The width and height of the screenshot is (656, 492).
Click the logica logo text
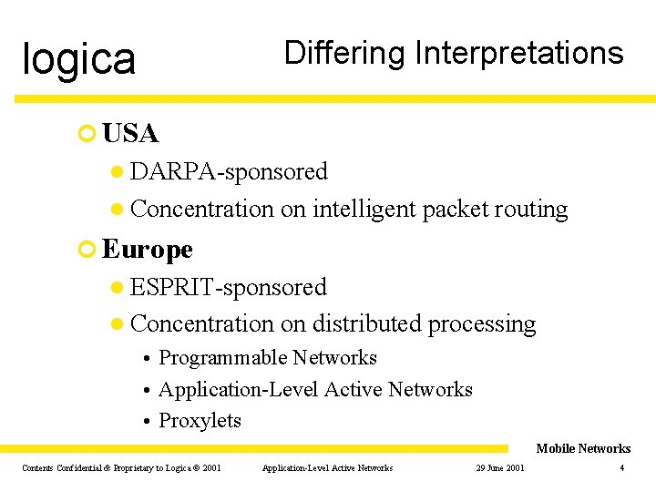click(79, 58)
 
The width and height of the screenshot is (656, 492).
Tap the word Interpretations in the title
click(518, 53)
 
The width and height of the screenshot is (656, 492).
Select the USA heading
click(131, 134)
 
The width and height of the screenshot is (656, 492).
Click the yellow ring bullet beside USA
click(87, 134)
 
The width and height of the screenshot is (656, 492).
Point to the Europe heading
click(148, 249)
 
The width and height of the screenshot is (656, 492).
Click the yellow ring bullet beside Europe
click(87, 249)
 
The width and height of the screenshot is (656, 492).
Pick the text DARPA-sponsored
click(229, 171)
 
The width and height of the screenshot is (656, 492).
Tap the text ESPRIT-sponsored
click(228, 287)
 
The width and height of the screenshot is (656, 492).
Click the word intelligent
click(364, 209)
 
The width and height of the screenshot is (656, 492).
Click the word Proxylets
click(200, 420)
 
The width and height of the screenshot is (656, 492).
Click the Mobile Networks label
click(583, 448)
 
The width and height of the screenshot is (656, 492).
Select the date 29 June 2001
click(500, 468)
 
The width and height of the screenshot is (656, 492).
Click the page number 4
click(621, 468)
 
